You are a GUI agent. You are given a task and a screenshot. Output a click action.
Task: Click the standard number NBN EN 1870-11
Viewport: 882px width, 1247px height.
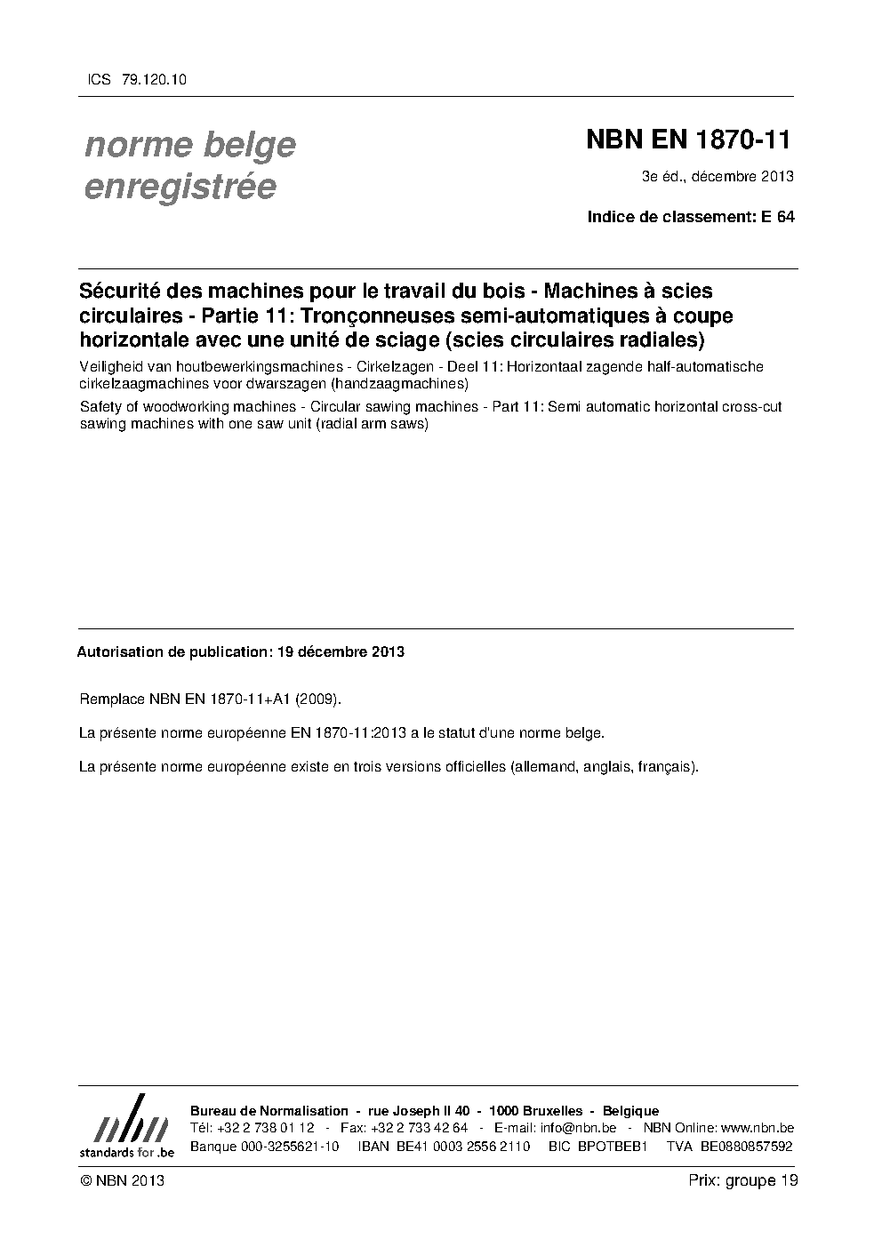point(688,140)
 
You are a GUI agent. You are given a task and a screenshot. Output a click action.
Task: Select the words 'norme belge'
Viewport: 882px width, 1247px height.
point(190,145)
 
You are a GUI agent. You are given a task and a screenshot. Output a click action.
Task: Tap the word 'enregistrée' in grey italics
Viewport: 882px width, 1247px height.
point(180,187)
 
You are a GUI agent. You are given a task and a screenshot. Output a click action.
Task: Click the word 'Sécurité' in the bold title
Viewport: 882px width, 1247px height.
point(117,292)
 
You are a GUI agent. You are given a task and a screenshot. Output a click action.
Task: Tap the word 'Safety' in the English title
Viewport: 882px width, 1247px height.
point(100,407)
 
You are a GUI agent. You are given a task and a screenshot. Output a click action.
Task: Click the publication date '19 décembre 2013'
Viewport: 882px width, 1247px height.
point(341,651)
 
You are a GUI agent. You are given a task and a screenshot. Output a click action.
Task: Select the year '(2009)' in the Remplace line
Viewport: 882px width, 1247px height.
point(317,699)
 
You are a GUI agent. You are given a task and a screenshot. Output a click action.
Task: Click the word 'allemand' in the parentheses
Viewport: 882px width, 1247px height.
point(543,766)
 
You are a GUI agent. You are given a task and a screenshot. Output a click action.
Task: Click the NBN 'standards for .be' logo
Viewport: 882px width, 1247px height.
point(126,1126)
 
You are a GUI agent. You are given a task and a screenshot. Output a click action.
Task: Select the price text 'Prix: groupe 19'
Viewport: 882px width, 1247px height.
point(742,1180)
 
